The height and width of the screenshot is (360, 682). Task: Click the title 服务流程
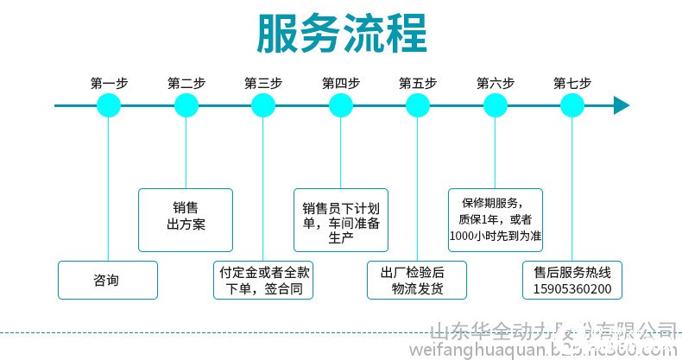(341, 33)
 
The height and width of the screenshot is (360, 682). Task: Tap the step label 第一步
(109, 84)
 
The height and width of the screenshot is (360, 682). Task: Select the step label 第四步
(340, 84)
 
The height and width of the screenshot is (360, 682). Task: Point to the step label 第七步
(572, 84)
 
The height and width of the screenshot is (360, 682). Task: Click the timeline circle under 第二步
(186, 105)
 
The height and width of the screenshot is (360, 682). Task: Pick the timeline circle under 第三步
(263, 105)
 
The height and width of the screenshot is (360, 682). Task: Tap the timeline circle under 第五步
(418, 105)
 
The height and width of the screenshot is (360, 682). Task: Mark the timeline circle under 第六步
(496, 105)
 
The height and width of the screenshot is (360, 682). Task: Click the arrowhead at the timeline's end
(621, 105)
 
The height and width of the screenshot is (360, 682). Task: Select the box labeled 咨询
(108, 280)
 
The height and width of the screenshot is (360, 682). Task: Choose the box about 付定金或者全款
(263, 280)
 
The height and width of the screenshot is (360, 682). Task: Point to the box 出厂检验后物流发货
(418, 280)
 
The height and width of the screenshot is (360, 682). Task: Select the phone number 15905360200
(572, 288)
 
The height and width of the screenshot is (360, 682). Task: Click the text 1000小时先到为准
(496, 235)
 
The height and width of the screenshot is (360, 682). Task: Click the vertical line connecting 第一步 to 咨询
(109, 190)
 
